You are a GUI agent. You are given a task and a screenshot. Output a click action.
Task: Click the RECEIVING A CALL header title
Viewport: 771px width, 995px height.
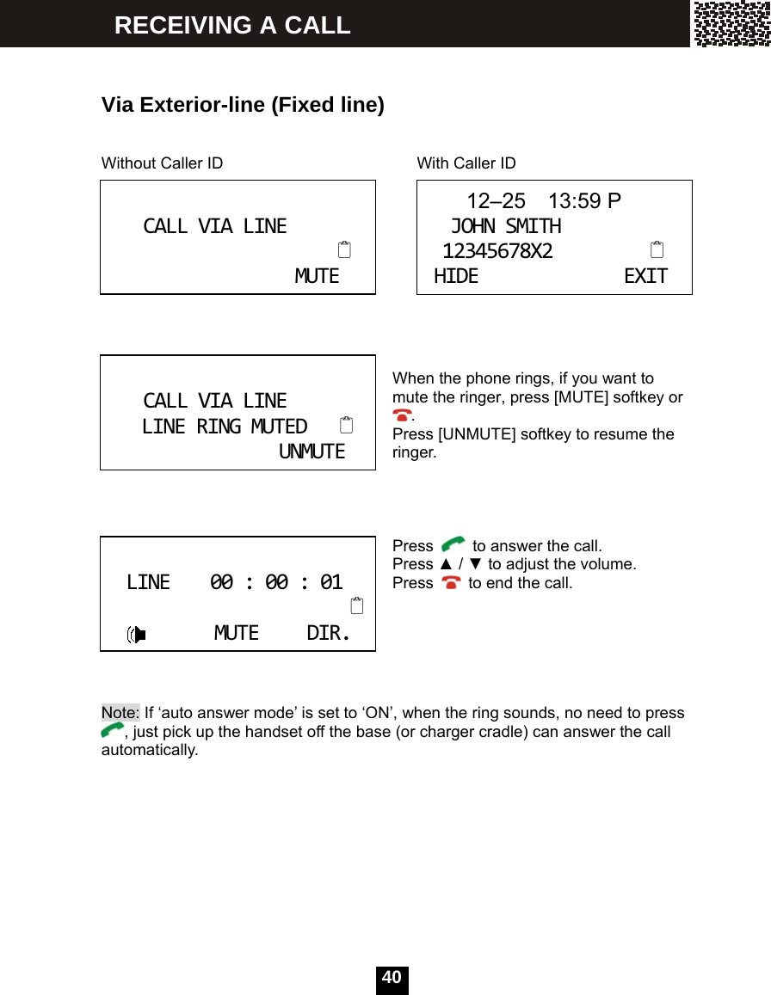[232, 25]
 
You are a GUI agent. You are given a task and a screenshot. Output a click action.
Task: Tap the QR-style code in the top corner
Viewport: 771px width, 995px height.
[731, 23]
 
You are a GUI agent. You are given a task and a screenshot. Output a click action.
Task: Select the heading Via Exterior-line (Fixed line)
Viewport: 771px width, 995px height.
[243, 105]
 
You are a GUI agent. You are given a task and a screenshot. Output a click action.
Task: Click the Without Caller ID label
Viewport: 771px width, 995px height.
[162, 163]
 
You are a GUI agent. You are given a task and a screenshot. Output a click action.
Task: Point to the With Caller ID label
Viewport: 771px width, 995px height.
[466, 163]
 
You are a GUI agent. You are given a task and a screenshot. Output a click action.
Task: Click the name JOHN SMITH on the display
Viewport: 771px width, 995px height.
[506, 226]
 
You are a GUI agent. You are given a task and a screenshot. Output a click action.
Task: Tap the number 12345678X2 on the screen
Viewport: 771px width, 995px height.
[497, 251]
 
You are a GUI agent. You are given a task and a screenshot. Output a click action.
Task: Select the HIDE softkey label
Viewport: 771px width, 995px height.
[456, 276]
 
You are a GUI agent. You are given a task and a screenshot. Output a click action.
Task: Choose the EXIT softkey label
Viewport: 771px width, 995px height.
[645, 276]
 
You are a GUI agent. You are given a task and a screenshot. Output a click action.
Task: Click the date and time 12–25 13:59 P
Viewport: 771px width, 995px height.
[543, 201]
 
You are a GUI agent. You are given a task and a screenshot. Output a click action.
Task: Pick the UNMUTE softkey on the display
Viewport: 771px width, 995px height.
[311, 451]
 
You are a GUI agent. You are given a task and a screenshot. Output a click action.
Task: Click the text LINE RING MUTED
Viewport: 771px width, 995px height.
[225, 427]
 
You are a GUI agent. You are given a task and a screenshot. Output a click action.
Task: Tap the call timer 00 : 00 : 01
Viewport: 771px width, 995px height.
[276, 582]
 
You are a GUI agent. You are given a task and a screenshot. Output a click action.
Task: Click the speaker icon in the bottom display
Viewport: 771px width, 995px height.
[136, 635]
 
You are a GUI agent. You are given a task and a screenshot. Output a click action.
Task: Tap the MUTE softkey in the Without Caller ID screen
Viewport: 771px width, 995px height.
[317, 276]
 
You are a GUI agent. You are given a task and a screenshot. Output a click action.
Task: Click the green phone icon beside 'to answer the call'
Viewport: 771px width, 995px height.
[453, 545]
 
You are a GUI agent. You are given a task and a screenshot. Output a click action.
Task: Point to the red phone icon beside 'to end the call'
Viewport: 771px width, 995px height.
[450, 583]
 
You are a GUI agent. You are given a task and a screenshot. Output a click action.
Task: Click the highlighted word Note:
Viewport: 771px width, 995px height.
[120, 713]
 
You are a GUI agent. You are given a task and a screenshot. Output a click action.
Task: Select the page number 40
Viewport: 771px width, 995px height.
[392, 978]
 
